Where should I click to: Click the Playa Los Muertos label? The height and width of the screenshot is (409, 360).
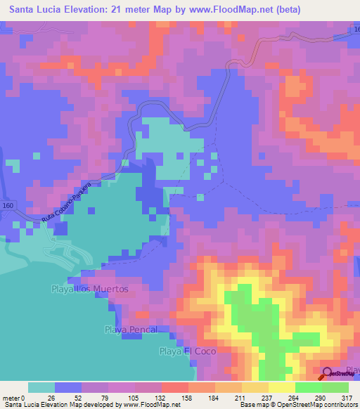[90, 289]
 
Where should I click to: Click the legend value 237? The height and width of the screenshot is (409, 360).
[266, 398]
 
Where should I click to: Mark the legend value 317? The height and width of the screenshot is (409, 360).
[347, 398]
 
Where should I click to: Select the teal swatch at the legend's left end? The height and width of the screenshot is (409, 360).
[41, 388]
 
